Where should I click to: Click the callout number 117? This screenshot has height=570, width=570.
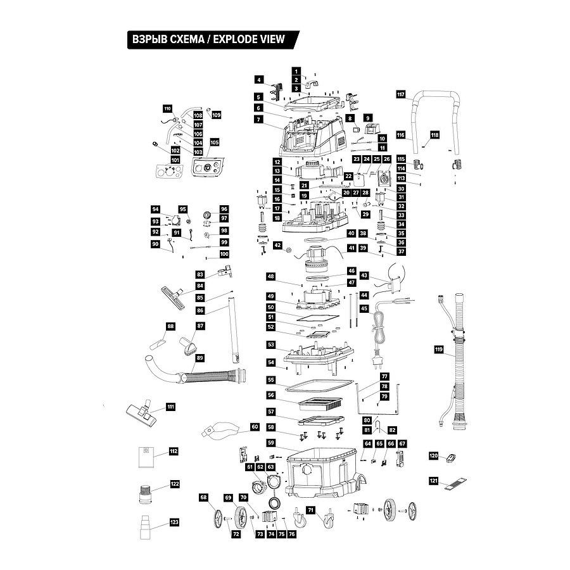pos(401,94)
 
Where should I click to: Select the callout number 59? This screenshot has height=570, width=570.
pos(271,443)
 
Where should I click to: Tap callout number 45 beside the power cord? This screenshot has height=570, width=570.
pos(364,308)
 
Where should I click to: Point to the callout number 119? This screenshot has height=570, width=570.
pos(439,350)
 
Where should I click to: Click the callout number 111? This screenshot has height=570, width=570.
pos(170,407)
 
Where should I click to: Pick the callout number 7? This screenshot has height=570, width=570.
pos(258,119)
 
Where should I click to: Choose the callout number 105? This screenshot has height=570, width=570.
pos(215,142)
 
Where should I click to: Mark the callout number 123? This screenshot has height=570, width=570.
pos(175,522)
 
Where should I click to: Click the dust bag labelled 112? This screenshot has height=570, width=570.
pos(146,457)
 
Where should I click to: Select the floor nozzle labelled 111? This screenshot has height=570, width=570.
pos(142,413)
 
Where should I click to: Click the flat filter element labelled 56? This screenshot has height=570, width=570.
pos(320,403)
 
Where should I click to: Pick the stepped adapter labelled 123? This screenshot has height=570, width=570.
pos(146,527)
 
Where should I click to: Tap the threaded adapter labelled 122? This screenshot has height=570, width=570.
pos(146,493)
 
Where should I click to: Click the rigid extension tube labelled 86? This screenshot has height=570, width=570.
pos(233,330)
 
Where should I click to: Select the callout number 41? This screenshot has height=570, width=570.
pos(351,248)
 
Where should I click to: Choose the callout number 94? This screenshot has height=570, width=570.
pos(156,209)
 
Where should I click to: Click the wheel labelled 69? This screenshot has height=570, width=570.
pos(240,517)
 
